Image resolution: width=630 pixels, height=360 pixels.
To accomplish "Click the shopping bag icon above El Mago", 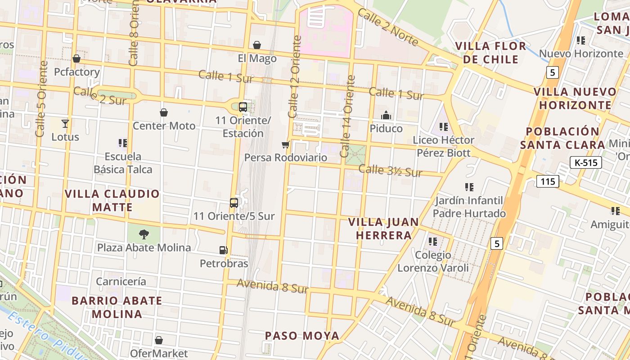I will click(x=256, y=45).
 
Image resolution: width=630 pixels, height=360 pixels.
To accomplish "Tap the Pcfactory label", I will click(x=77, y=72).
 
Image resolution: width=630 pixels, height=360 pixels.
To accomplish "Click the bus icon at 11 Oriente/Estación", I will click(x=243, y=107).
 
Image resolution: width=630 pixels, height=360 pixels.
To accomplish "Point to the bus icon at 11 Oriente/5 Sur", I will click(x=234, y=202).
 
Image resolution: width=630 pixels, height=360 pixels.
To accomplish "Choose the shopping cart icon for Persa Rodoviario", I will click(x=285, y=144).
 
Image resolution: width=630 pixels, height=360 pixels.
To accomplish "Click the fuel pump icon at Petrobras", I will click(x=223, y=250).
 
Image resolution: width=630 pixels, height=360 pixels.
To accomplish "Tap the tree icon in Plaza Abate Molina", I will click(x=144, y=234).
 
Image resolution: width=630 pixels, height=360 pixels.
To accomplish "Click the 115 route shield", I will click(x=548, y=181).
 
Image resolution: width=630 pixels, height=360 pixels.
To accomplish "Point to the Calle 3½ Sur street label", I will click(x=390, y=171).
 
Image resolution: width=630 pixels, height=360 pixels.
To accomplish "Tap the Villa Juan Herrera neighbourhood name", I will click(x=384, y=229).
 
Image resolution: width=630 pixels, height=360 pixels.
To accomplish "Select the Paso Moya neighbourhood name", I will click(x=302, y=336).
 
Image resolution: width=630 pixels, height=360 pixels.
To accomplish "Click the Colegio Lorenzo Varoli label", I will click(x=433, y=261).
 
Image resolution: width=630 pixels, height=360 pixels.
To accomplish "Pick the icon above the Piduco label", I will click(x=386, y=116).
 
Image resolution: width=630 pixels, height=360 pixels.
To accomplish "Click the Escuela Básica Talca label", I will click(x=123, y=163).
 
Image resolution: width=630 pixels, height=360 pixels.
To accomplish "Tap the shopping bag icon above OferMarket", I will click(x=159, y=340).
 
